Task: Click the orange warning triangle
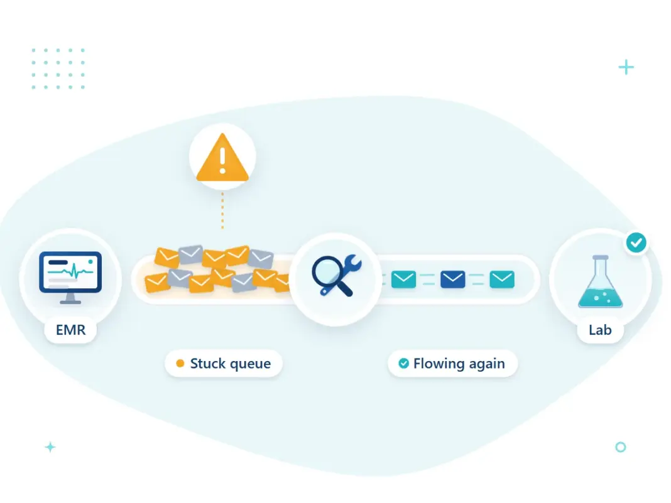(x=222, y=158)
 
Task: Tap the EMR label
(x=70, y=330)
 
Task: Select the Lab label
(x=600, y=330)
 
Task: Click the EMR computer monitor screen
(x=70, y=272)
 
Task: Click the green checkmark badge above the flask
(x=636, y=242)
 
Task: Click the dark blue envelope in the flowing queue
(x=453, y=279)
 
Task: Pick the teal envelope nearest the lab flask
(x=502, y=279)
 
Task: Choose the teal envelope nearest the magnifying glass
(x=403, y=279)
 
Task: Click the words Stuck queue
(x=230, y=364)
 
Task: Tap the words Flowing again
(x=459, y=364)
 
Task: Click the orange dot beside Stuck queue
(x=180, y=363)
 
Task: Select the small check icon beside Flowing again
(x=403, y=363)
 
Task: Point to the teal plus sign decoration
(x=626, y=67)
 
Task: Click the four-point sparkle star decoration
(x=50, y=447)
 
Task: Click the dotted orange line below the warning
(x=222, y=210)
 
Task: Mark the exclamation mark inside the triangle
(x=222, y=160)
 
